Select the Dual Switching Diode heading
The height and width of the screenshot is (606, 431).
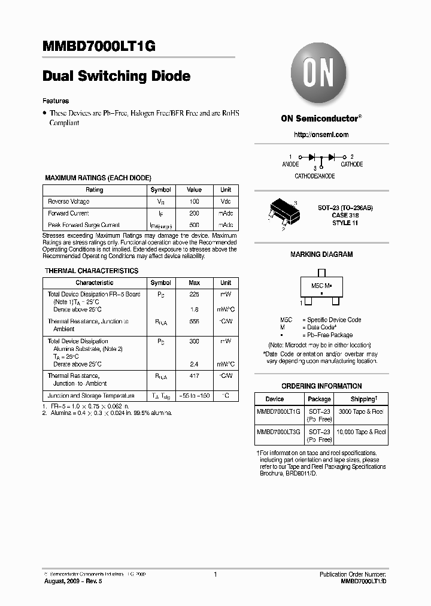click(117, 76)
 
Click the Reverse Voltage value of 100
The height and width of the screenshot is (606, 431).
click(194, 201)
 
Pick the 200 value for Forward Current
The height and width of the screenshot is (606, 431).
click(194, 213)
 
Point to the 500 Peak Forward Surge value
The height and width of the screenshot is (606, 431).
click(194, 225)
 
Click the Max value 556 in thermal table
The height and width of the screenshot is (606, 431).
click(194, 322)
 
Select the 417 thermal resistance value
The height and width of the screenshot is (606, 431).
click(194, 376)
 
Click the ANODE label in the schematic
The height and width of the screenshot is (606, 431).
click(290, 164)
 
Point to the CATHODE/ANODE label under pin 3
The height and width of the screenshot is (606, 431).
click(315, 177)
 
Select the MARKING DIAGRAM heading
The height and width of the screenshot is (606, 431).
click(321, 254)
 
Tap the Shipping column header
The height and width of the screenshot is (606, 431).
click(363, 399)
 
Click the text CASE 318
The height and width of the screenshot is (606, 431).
click(345, 215)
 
